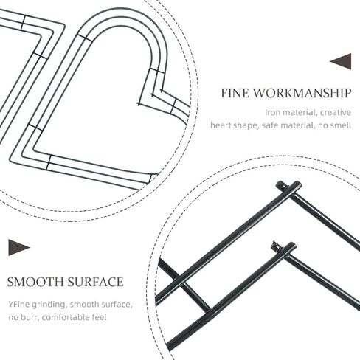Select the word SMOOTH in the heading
click(35, 282)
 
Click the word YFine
click(19, 305)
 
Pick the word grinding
click(49, 305)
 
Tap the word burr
click(30, 317)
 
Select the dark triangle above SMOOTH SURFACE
click(19, 247)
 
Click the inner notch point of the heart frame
click(139, 104)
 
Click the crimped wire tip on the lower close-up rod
click(274, 245)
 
